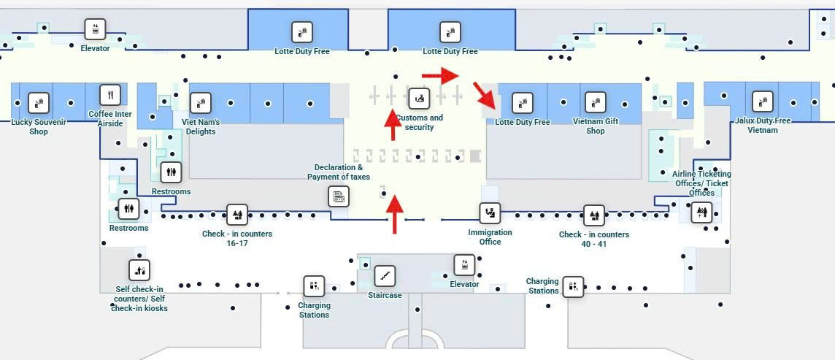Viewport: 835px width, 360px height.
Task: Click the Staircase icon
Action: pyautogui.click(x=385, y=276)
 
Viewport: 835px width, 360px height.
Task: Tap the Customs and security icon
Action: pyautogui.click(x=419, y=97)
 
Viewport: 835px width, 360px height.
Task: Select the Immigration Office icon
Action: pyautogui.click(x=490, y=213)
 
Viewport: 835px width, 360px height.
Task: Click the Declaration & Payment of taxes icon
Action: pyautogui.click(x=339, y=196)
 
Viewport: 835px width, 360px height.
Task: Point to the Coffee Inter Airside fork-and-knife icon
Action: pyautogui.click(x=109, y=94)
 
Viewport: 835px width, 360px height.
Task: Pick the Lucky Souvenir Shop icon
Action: pyautogui.click(x=39, y=103)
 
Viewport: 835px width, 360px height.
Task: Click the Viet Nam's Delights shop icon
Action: pyautogui.click(x=200, y=103)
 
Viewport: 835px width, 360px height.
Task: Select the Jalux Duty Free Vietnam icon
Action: pyautogui.click(x=762, y=102)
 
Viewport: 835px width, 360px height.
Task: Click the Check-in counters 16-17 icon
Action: pyautogui.click(x=236, y=215)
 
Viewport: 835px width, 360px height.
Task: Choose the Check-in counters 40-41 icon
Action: pyautogui.click(x=593, y=215)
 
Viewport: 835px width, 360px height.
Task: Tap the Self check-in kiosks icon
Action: pyautogui.click(x=139, y=270)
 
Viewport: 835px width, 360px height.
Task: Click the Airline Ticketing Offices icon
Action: pyautogui.click(x=701, y=213)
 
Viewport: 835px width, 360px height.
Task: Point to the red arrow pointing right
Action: pyautogui.click(x=440, y=74)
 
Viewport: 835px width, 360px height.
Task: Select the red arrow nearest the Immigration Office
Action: pyautogui.click(x=394, y=213)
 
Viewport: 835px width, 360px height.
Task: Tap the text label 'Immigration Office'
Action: pyautogui.click(x=490, y=237)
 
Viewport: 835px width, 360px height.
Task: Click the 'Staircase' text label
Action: pyautogui.click(x=385, y=295)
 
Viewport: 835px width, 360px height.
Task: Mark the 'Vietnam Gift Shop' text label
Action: pyautogui.click(x=596, y=126)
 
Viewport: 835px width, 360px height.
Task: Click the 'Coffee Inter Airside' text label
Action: pyautogui.click(x=110, y=119)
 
